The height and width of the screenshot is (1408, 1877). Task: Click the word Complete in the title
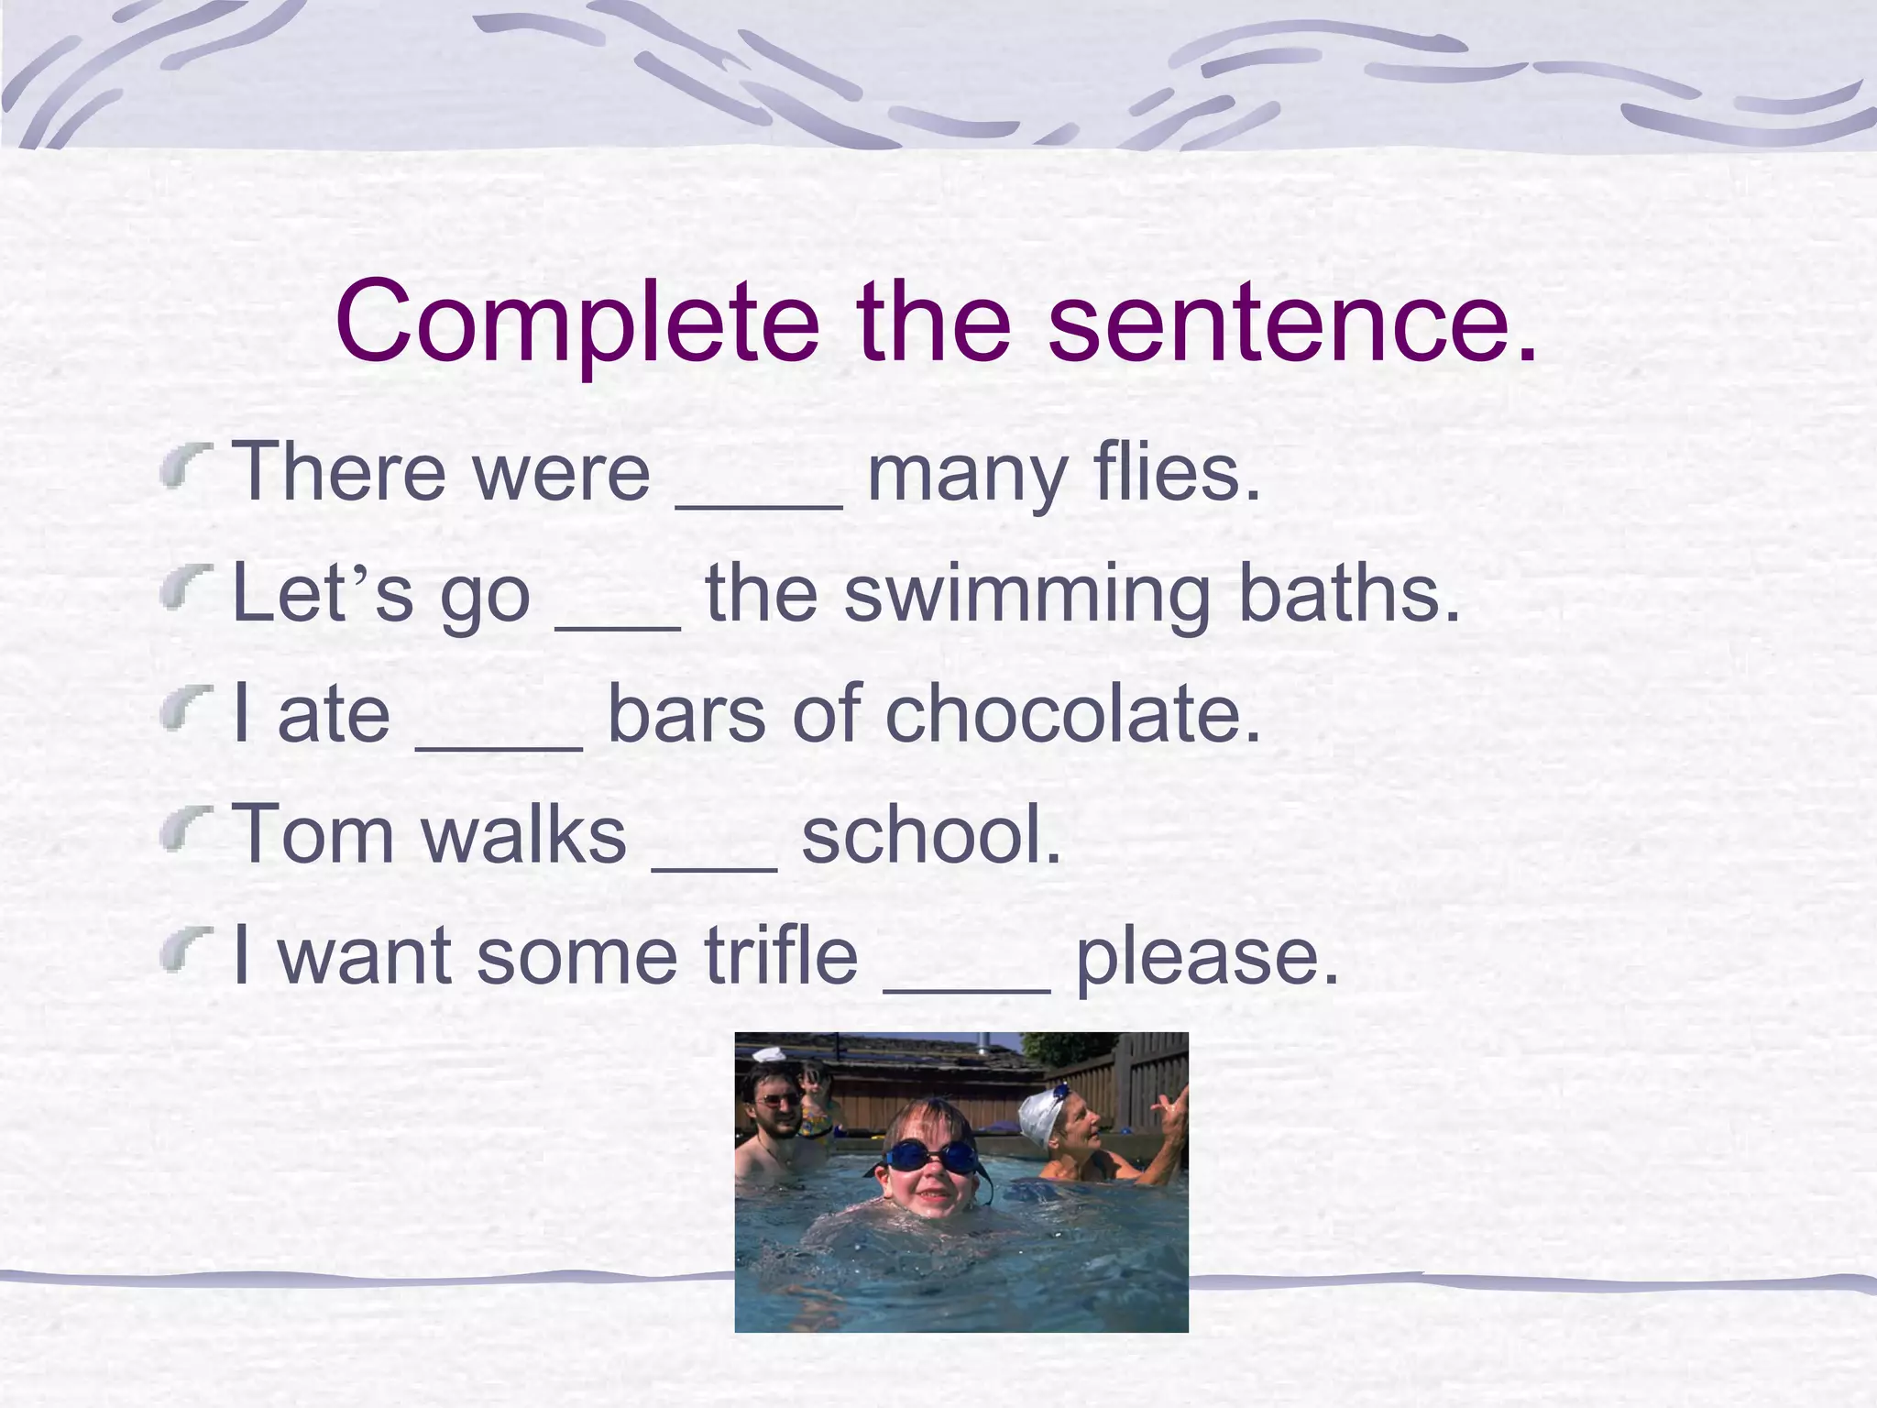pos(576,323)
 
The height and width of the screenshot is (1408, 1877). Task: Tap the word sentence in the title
pos(1291,323)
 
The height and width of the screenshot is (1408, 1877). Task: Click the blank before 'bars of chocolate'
pos(499,746)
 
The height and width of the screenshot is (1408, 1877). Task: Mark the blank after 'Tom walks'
pos(714,866)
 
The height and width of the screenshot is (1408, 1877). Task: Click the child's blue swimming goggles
pos(931,1157)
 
